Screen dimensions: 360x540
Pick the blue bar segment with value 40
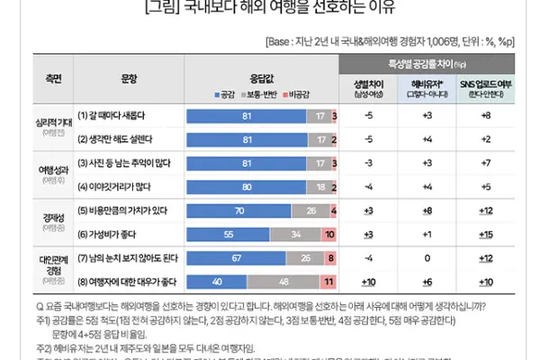point(216,281)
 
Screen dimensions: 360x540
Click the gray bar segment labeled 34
point(297,233)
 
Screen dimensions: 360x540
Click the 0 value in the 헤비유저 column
point(427,258)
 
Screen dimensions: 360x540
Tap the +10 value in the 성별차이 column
point(369,281)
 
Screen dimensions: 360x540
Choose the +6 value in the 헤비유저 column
point(427,281)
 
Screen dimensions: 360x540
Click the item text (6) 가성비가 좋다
point(113,233)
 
